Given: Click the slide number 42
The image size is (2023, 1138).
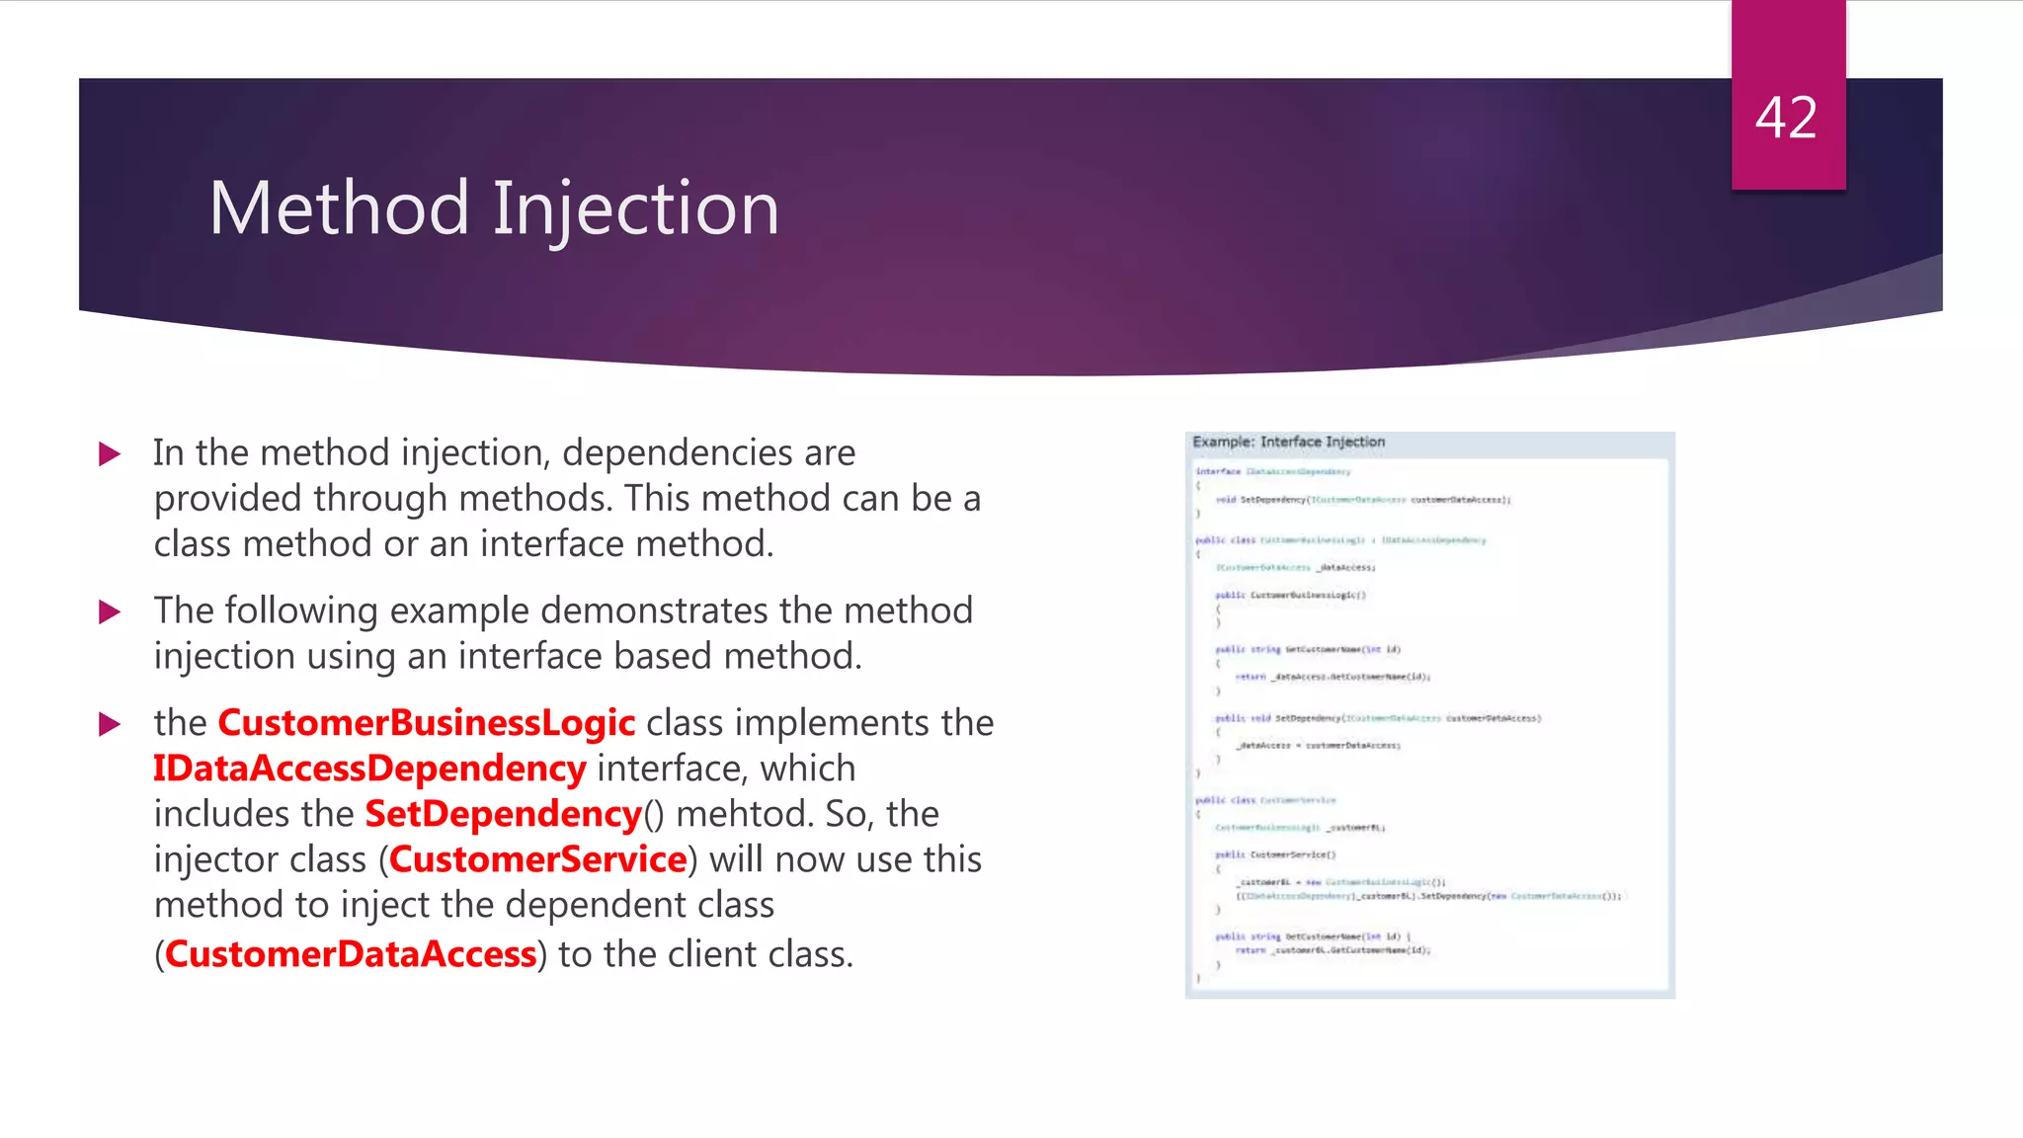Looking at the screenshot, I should tap(1786, 118).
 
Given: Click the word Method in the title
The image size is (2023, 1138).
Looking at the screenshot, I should tap(339, 208).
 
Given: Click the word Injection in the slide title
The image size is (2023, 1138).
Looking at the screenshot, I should tap(635, 210).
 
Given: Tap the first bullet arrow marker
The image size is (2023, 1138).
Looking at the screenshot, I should tap(111, 454).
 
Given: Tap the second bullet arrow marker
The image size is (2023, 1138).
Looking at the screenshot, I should tap(111, 612).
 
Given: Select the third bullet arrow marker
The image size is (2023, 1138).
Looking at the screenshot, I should tap(111, 725).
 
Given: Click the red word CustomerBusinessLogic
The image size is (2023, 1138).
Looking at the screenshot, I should tap(426, 723).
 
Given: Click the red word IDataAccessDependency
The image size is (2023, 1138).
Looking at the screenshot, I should tap(369, 769).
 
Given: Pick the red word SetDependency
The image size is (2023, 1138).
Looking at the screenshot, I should tap(504, 814).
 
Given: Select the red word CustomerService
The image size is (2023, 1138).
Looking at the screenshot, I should tap(537, 859).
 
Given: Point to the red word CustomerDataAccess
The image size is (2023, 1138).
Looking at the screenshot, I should tap(351, 954).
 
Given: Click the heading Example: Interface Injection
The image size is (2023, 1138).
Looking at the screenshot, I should tap(1288, 442).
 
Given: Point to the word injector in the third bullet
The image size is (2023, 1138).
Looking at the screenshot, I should tap(210, 859).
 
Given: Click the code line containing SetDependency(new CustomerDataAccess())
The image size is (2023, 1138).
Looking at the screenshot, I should tap(1428, 896).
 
